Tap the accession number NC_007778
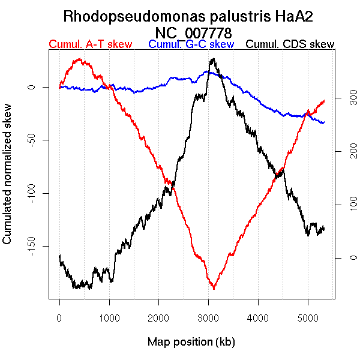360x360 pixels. tap(193, 32)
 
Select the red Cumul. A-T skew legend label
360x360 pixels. tap(90, 44)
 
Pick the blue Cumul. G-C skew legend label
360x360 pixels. tap(191, 44)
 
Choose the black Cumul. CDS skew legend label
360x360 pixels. tap(290, 44)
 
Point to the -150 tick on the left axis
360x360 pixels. tap(34, 246)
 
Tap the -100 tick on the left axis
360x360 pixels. tap(34, 193)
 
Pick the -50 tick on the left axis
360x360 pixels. tap(34, 140)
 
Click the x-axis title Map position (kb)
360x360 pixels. tap(191, 342)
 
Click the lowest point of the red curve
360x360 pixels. tap(213, 289)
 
